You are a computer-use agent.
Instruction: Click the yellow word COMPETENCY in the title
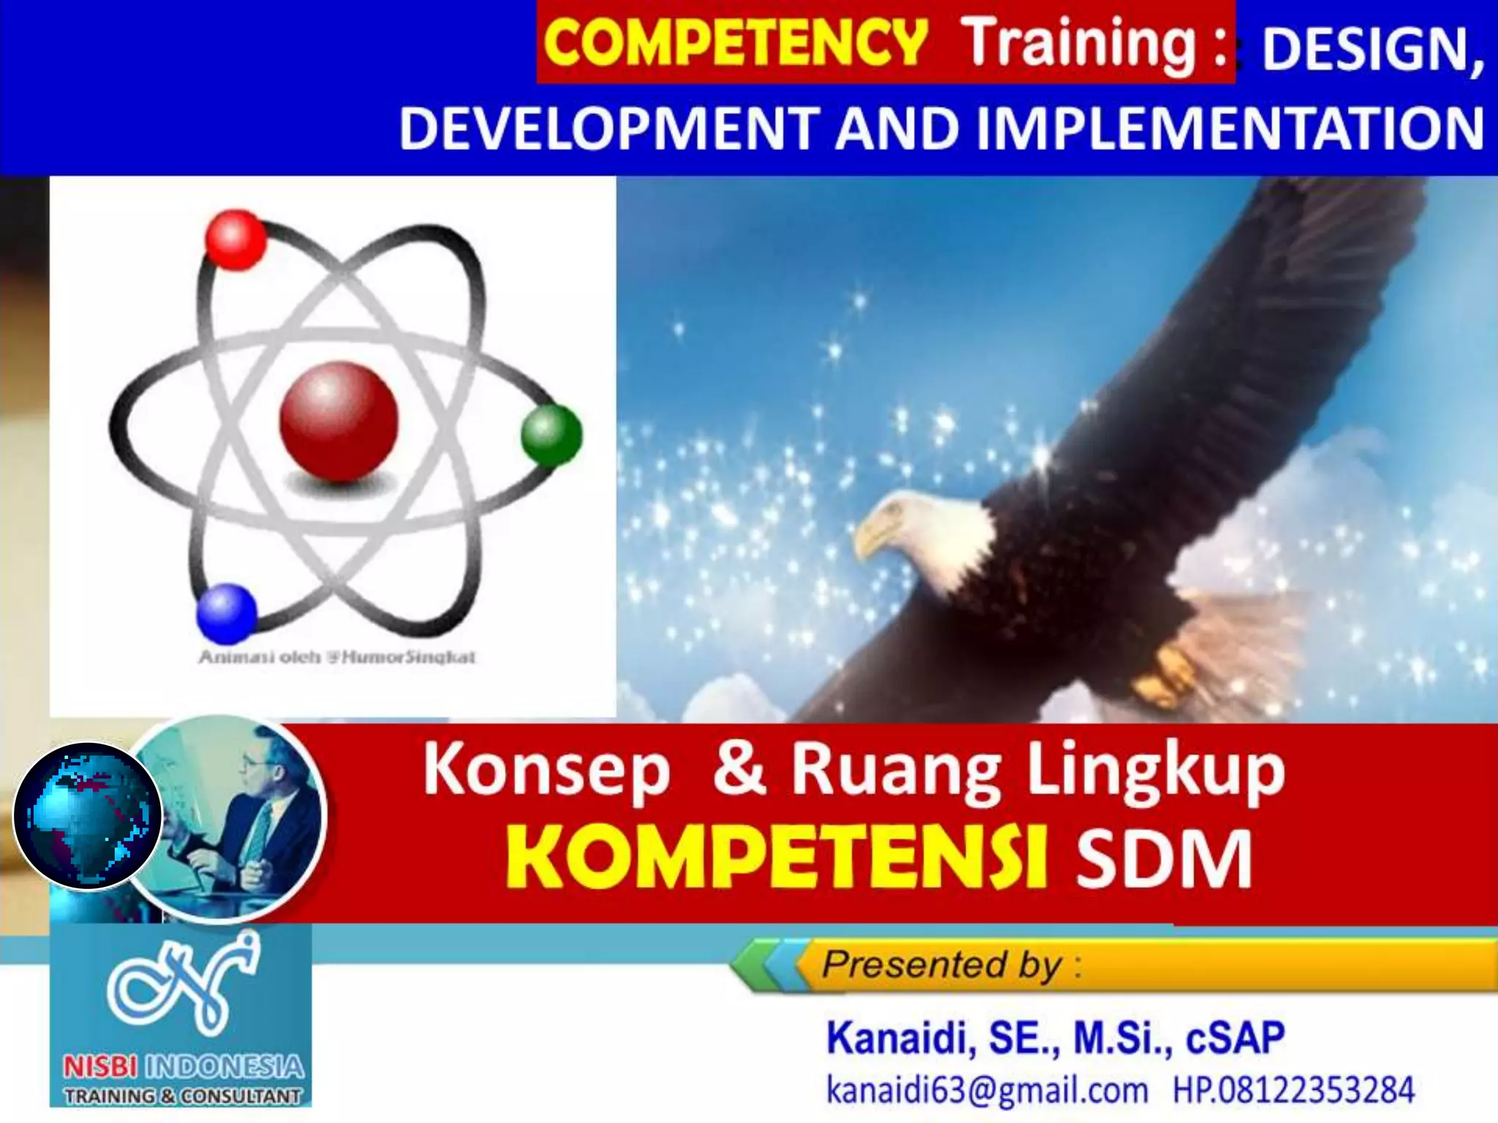[734, 42]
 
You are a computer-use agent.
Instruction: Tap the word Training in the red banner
[1078, 42]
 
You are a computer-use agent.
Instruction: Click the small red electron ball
[235, 239]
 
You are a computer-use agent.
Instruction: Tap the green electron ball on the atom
[552, 436]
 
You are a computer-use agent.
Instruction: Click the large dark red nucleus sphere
[339, 423]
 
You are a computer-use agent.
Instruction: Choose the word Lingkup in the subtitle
[1156, 772]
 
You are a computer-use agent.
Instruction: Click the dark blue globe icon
[88, 816]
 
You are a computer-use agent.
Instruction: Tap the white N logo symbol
[183, 984]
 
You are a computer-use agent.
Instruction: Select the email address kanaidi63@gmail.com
[987, 1090]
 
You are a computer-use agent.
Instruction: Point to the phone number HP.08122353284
[1293, 1090]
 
